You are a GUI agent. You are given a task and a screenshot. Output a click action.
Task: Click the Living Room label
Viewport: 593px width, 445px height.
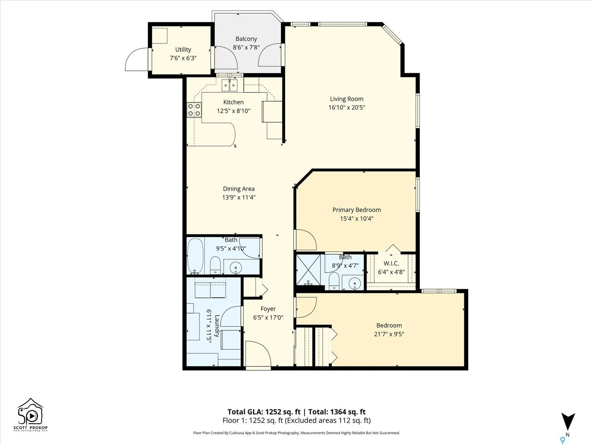(347, 99)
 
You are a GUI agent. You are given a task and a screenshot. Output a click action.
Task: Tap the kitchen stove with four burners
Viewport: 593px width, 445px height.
(194, 110)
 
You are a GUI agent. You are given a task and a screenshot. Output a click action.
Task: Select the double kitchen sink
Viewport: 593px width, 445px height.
(230, 85)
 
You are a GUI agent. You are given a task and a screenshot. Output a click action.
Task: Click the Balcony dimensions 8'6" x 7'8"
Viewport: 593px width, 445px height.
(246, 47)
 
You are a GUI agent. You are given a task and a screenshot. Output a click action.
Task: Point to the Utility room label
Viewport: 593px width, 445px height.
(183, 49)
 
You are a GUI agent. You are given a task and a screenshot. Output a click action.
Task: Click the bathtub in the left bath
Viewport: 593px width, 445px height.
(195, 256)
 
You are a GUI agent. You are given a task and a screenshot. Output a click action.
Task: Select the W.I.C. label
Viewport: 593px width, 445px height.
(391, 263)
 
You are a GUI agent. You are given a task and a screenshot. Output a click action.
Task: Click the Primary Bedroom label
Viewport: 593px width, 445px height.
(357, 210)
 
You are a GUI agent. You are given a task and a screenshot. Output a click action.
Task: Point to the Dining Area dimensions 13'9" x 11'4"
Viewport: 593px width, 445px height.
(239, 197)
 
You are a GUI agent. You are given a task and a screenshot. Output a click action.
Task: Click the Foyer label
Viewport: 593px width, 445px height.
(268, 309)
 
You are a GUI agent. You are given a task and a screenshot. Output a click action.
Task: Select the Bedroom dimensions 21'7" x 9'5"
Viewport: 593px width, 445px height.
(389, 334)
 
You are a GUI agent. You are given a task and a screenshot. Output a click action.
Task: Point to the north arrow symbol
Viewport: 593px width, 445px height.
(568, 422)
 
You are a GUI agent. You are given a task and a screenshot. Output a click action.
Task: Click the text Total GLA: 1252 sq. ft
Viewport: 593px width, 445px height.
(264, 412)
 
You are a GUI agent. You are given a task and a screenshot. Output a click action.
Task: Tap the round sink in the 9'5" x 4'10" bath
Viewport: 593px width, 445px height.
(236, 268)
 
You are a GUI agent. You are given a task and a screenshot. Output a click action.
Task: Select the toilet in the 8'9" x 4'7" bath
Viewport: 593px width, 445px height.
(334, 281)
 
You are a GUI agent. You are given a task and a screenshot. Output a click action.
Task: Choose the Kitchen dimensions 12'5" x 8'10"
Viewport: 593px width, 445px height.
(233, 111)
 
